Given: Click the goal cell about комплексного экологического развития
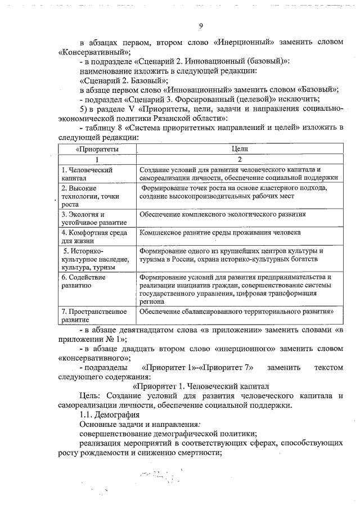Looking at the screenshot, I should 223,214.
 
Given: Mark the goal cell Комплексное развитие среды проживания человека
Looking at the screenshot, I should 220,232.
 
